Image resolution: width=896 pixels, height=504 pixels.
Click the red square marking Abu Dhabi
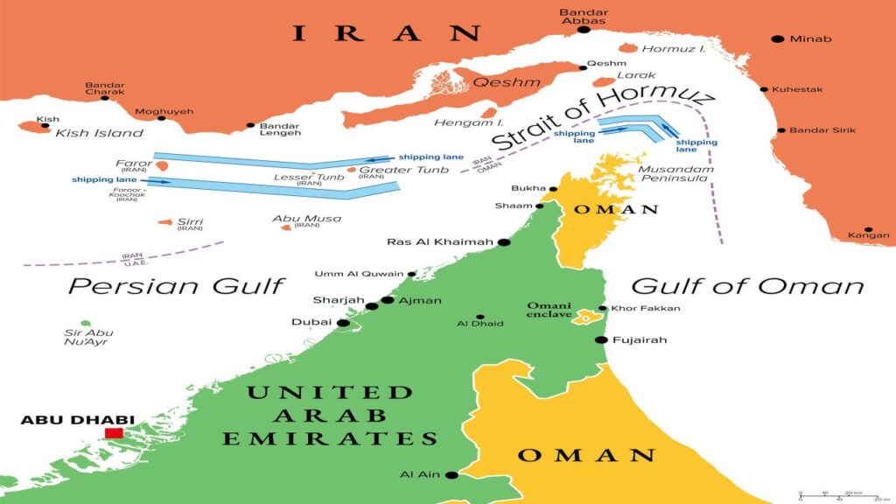click(114, 433)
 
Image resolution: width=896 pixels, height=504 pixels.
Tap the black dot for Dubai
click(343, 323)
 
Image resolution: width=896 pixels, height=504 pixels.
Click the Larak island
click(603, 82)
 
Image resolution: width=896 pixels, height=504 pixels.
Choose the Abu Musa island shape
click(285, 227)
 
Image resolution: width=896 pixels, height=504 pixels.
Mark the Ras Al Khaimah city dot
click(504, 241)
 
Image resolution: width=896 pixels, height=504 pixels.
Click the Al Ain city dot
click(451, 475)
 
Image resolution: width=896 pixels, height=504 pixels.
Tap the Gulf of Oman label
click(747, 285)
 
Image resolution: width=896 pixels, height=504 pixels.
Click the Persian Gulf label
click(177, 285)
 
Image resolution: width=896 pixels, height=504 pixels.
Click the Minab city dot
click(776, 39)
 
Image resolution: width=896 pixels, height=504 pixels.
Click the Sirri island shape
click(164, 222)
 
